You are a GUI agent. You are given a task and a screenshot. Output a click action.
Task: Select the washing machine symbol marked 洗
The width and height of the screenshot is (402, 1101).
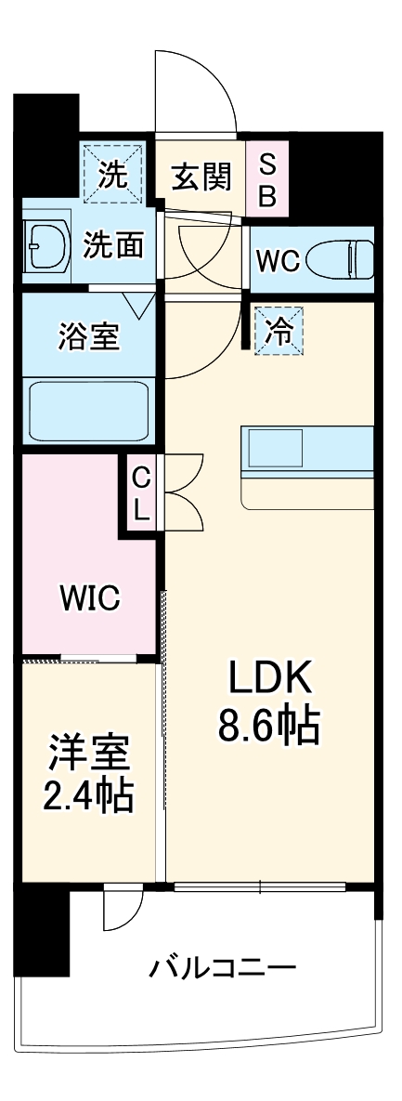pos(113,174)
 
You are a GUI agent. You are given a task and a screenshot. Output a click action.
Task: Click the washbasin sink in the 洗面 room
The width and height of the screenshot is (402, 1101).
pos(46,247)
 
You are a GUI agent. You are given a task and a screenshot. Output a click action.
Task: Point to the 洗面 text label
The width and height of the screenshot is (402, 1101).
pos(114,246)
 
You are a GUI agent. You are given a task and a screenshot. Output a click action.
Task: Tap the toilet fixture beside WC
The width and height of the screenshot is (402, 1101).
pos(343,259)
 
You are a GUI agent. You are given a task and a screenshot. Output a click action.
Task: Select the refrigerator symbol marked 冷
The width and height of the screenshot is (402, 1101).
pos(279,330)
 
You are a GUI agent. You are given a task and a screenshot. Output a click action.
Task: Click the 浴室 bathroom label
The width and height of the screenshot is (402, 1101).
pos(88,336)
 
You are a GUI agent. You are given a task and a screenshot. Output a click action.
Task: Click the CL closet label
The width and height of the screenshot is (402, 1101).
pos(140,492)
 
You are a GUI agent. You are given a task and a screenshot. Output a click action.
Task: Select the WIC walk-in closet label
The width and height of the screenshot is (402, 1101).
pos(90,598)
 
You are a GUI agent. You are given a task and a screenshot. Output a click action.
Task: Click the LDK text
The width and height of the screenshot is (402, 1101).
pos(268,681)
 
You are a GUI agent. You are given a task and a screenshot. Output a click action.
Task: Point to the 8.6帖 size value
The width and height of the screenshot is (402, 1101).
pos(269,726)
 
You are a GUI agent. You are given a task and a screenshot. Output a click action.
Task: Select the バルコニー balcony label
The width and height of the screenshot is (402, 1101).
pos(223,970)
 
